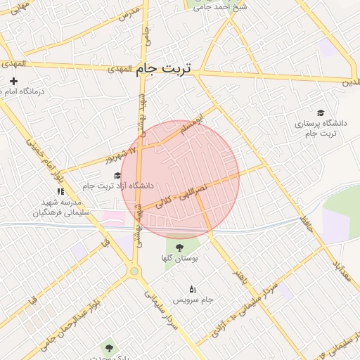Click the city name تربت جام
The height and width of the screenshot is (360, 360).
[166, 69]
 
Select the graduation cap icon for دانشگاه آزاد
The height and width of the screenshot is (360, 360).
[117, 175]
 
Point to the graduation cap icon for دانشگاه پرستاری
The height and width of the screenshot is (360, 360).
[321, 112]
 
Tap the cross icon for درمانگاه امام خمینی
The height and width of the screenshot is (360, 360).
[13, 81]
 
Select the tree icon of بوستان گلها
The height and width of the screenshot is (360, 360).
[179, 247]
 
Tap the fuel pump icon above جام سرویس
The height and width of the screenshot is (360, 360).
[193, 288]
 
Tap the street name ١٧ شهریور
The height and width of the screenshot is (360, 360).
[120, 155]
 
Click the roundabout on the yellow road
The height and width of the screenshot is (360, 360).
[134, 271]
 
